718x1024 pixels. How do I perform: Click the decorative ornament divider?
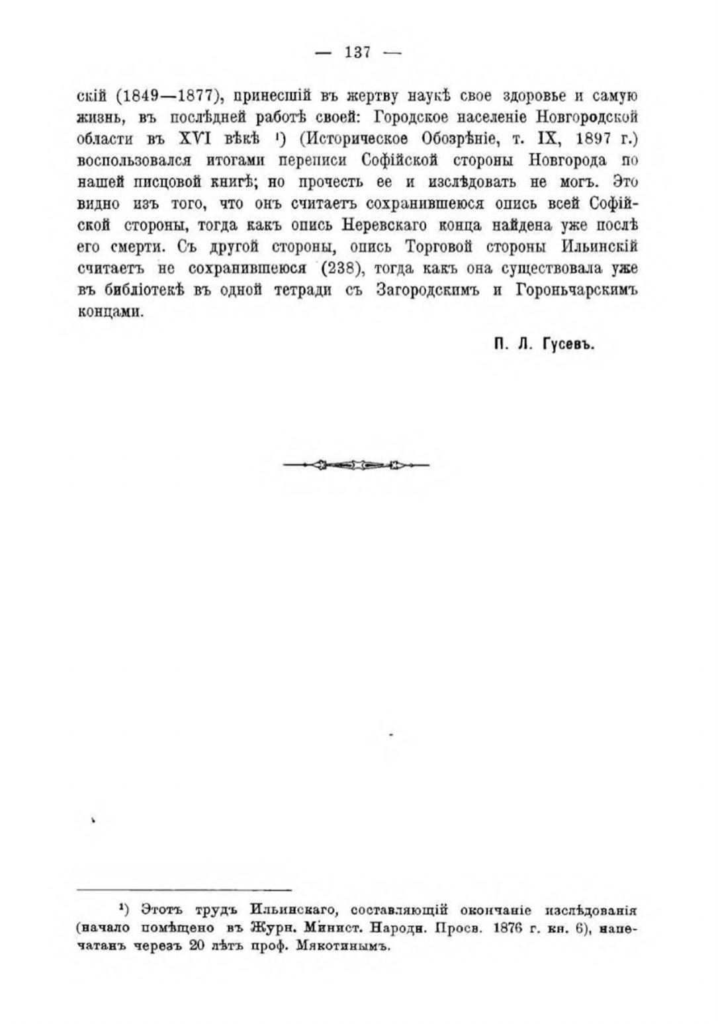356,466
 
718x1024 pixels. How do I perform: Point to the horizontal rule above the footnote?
185,890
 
